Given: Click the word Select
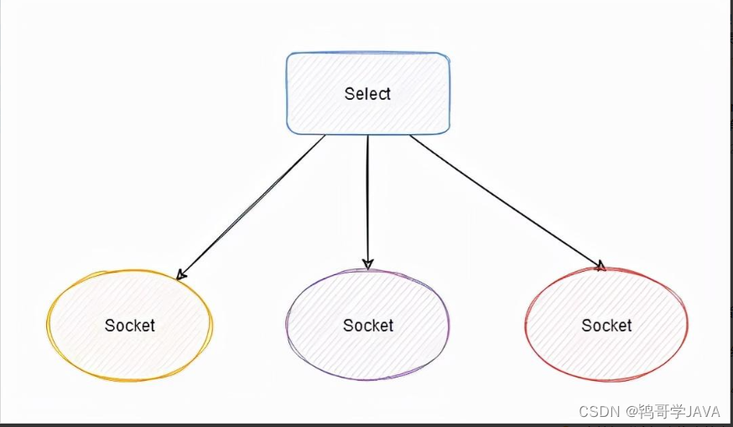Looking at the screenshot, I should pyautogui.click(x=367, y=93).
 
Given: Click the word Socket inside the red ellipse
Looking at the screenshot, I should pyautogui.click(x=606, y=325).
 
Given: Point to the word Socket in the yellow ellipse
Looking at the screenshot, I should pyautogui.click(x=130, y=325).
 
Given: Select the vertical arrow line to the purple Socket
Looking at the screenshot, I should pyautogui.click(x=367, y=201).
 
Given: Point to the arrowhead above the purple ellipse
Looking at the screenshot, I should pyautogui.click(x=367, y=264).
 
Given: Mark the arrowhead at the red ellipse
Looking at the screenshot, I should pyautogui.click(x=600, y=266).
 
